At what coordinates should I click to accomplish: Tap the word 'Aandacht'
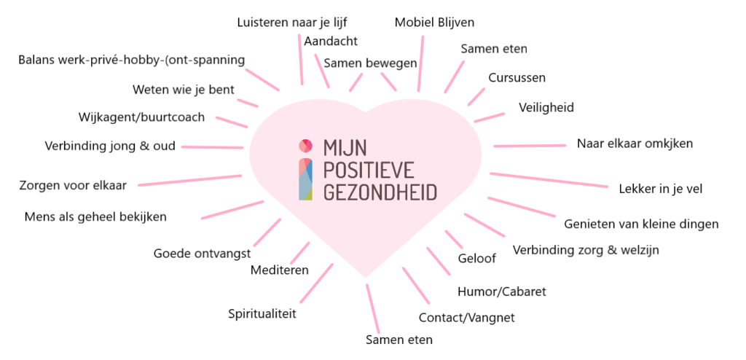[x=331, y=40]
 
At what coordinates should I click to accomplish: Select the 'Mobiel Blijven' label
[x=434, y=22]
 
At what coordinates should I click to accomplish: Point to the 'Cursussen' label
[x=517, y=77]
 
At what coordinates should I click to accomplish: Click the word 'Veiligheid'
[x=546, y=107]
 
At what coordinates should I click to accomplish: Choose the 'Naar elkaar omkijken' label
[x=635, y=143]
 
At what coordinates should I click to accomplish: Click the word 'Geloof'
[x=476, y=259]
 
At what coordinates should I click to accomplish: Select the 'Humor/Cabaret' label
[x=501, y=291]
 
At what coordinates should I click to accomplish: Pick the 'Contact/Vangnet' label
[x=466, y=318]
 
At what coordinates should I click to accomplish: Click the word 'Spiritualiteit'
[x=262, y=314]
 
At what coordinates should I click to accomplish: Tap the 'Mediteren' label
[x=279, y=270]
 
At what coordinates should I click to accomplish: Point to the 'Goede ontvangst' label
[x=202, y=254]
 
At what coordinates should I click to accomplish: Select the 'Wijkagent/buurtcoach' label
[x=141, y=117]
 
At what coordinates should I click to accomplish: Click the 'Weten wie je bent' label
[x=183, y=90]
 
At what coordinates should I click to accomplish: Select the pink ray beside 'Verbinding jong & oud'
[x=212, y=146]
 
